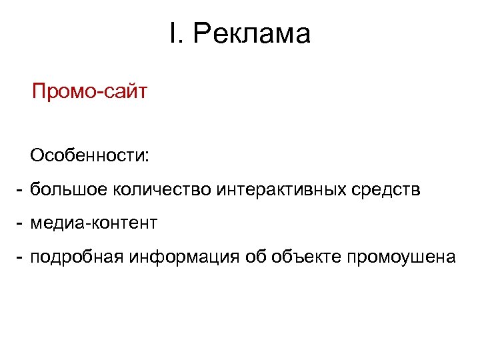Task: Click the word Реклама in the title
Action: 252,35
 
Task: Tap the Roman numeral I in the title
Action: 173,34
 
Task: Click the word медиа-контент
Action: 93,223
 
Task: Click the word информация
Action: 182,256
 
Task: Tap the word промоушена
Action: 399,256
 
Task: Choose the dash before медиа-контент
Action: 21,223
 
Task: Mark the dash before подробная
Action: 21,256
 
